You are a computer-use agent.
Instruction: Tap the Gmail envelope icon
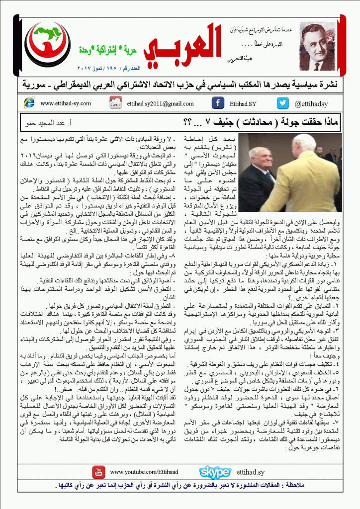115,103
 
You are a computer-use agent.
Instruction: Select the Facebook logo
217,103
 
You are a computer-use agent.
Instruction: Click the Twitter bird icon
283,103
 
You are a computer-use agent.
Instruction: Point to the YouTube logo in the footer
99,472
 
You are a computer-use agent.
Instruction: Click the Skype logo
215,472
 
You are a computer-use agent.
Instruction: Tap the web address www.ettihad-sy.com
66,103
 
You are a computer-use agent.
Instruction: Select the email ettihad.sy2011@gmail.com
160,103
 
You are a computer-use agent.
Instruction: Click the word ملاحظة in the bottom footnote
327,485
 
